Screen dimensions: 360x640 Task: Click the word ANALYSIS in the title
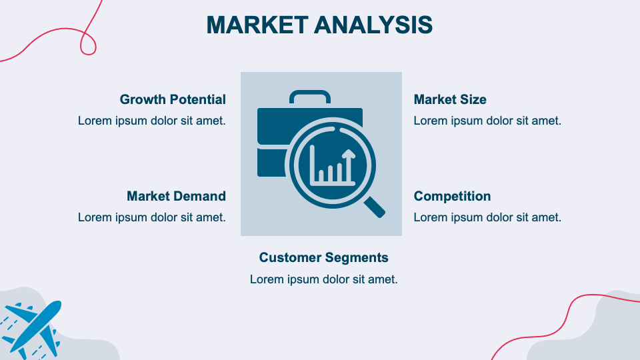click(373, 25)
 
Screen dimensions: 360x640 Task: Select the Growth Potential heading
click(173, 99)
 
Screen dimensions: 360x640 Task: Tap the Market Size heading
click(450, 99)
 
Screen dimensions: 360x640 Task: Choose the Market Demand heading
click(176, 196)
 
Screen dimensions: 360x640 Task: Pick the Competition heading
click(452, 196)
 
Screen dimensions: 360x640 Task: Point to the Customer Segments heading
click(323, 257)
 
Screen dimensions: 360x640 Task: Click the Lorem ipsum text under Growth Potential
click(151, 121)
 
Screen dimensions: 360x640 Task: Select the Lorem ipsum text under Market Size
click(487, 121)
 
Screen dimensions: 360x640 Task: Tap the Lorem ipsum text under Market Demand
click(151, 217)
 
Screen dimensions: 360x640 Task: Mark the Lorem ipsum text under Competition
click(487, 217)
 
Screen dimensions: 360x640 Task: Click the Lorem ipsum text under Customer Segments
click(323, 279)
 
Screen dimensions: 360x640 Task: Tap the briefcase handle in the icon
click(309, 96)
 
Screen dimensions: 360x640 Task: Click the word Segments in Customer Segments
click(357, 257)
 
